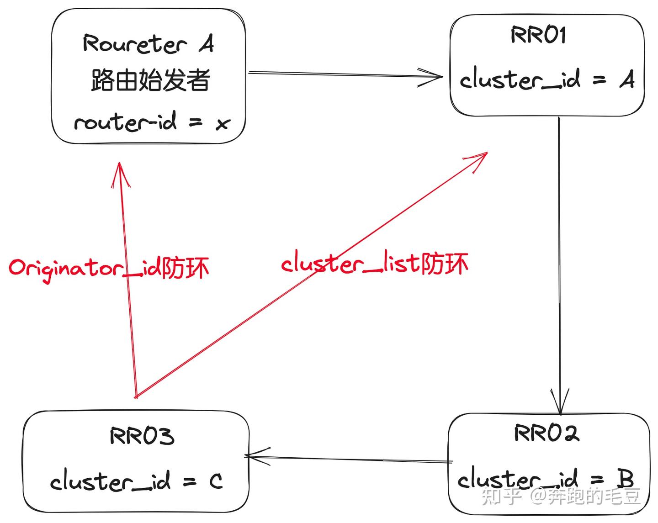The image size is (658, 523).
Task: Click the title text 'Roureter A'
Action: (x=148, y=44)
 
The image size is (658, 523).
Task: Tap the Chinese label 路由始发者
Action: (x=150, y=80)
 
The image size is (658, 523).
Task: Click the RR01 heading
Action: (x=538, y=35)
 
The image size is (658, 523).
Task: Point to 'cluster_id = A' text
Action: (x=547, y=79)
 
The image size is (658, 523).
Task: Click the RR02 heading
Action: (x=547, y=433)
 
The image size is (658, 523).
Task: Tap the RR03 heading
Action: (x=142, y=436)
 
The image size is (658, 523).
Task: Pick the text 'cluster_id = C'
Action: (x=136, y=481)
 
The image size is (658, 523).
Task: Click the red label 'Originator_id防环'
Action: (x=109, y=268)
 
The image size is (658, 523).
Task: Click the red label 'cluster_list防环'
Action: (x=375, y=264)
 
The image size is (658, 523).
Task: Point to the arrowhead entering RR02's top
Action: (x=560, y=407)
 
